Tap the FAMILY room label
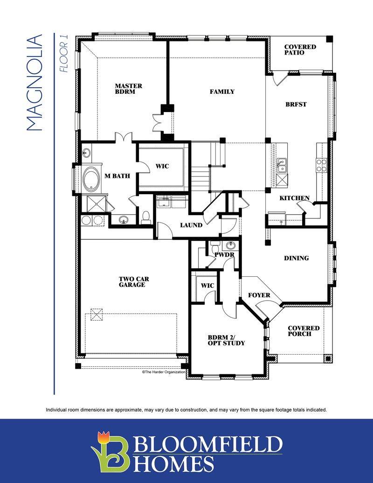222,91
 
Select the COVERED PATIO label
300,49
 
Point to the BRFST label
296,104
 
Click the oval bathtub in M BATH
91,179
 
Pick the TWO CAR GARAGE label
134,282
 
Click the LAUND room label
191,225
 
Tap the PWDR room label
224,255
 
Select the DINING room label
296,258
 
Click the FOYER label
259,295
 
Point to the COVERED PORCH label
304,331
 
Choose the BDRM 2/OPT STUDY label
226,340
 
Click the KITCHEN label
294,198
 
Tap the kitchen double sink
282,166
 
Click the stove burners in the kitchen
322,165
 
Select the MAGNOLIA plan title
34,83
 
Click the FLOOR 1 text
64,54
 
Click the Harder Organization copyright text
163,372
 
